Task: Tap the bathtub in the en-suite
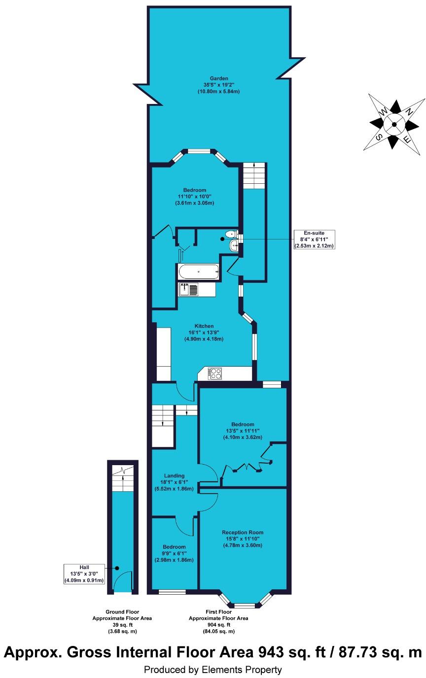tap(198, 271)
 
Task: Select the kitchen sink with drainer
tap(188, 289)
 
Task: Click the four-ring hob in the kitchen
tap(215, 373)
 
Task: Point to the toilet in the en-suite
tap(231, 235)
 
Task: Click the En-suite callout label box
tap(314, 239)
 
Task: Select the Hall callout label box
tap(84, 574)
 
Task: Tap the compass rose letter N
tap(409, 112)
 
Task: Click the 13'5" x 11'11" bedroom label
tap(243, 431)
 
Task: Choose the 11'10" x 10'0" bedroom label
tap(194, 196)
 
